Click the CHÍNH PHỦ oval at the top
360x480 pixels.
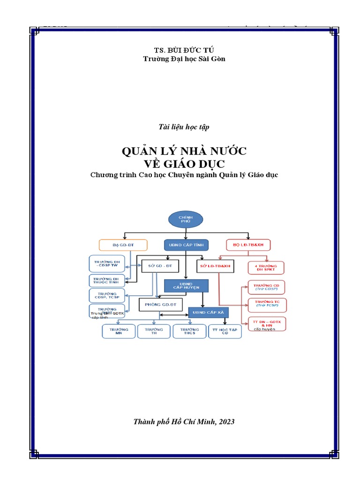[185, 220]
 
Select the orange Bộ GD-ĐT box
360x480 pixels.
[123, 245]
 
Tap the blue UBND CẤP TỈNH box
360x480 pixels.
[186, 245]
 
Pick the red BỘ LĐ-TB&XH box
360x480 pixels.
[248, 245]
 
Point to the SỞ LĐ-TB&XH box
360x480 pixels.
[215, 266]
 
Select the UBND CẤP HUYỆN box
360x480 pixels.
[186, 285]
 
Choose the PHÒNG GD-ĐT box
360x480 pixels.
[160, 305]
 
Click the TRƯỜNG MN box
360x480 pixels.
[119, 331]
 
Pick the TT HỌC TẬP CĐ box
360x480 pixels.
[225, 331]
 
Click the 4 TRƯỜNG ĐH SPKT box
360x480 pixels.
[266, 268]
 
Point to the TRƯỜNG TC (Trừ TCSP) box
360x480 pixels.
[266, 305]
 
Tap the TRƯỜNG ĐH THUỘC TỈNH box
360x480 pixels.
[106, 281]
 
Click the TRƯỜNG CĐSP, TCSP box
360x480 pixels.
[106, 295]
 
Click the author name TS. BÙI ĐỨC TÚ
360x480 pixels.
[180, 50]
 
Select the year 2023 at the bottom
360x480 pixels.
[225, 421]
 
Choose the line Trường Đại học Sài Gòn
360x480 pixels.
[180, 59]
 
